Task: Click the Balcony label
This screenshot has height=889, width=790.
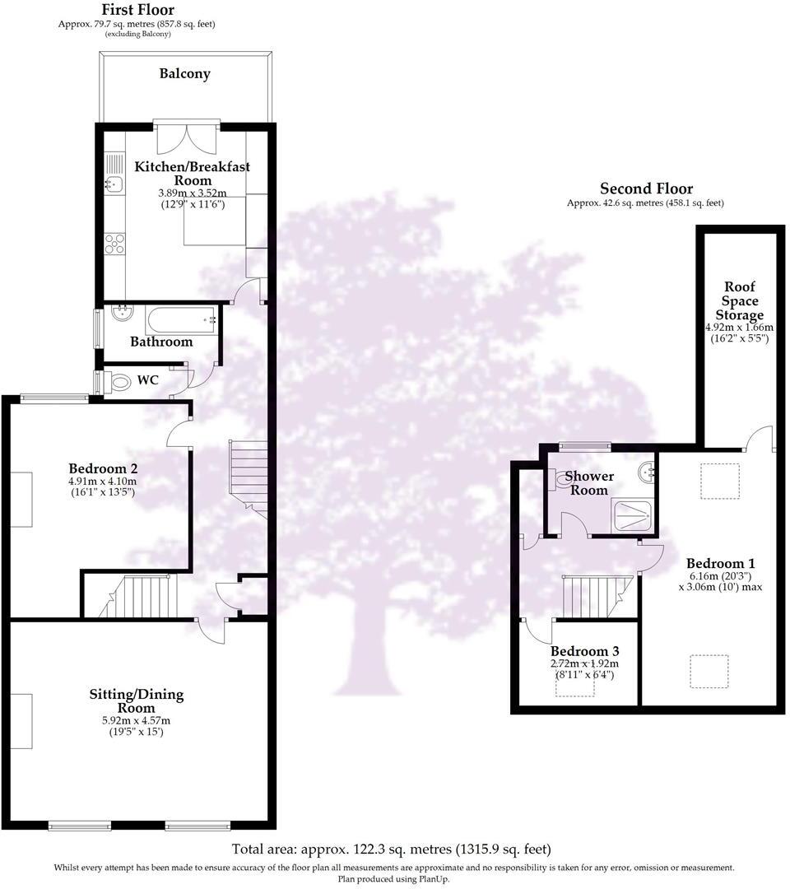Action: coord(185,74)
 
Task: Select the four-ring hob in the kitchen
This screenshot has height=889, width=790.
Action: coord(114,244)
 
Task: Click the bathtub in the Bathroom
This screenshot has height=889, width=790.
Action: coord(181,321)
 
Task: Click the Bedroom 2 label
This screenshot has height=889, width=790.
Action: coord(103,469)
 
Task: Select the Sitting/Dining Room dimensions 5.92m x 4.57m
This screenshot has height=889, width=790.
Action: coord(136,720)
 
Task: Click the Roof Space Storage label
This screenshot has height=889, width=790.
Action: coord(740,301)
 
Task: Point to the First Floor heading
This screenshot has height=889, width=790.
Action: coord(137,10)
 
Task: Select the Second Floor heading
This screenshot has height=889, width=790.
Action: coord(647,189)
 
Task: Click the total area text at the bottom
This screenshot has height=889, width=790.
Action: coord(391,849)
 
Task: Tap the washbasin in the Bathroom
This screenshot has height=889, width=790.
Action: coord(123,313)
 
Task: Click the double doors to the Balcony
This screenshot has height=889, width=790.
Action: coord(186,137)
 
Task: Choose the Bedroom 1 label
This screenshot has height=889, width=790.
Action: coord(720,564)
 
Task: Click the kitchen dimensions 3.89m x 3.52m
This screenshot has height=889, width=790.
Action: coord(192,193)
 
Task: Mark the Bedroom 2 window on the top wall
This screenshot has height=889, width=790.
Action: coord(54,398)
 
